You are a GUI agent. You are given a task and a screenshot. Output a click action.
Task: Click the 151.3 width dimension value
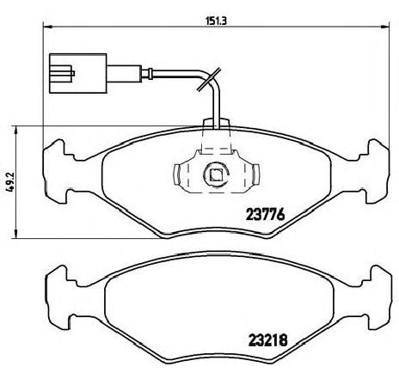point(217,21)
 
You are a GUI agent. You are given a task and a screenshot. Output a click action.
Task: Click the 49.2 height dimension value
point(10,182)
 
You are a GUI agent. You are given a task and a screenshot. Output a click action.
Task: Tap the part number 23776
point(266,214)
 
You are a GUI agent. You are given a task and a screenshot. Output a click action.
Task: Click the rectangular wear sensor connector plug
point(78,73)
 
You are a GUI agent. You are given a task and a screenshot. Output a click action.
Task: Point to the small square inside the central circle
point(216,174)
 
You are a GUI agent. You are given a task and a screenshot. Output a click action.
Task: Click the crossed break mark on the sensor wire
point(209,80)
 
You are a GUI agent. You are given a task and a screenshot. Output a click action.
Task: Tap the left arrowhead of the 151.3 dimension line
point(47,27)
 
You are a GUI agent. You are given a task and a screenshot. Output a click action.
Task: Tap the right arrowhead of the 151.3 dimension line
point(384,27)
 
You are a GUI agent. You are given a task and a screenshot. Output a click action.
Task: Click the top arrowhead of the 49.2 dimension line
point(16,131)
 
